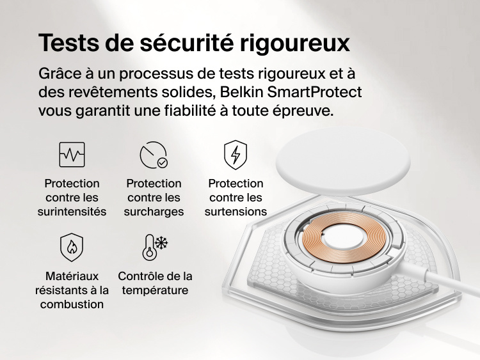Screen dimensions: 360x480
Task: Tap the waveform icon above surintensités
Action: pyautogui.click(x=72, y=155)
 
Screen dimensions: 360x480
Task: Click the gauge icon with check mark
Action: pyautogui.click(x=154, y=155)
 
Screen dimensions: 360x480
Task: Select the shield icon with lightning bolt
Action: pyautogui.click(x=236, y=155)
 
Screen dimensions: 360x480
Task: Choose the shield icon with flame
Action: pyautogui.click(x=72, y=247)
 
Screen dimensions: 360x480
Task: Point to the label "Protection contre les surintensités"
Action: pyautogui.click(x=72, y=198)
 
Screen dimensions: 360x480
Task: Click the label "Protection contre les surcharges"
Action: pyautogui.click(x=154, y=198)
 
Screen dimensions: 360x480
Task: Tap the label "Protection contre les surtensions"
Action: pyautogui.click(x=236, y=198)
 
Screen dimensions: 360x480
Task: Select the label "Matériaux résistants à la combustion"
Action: pyautogui.click(x=72, y=290)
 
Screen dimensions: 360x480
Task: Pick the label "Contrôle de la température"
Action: pyautogui.click(x=155, y=283)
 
